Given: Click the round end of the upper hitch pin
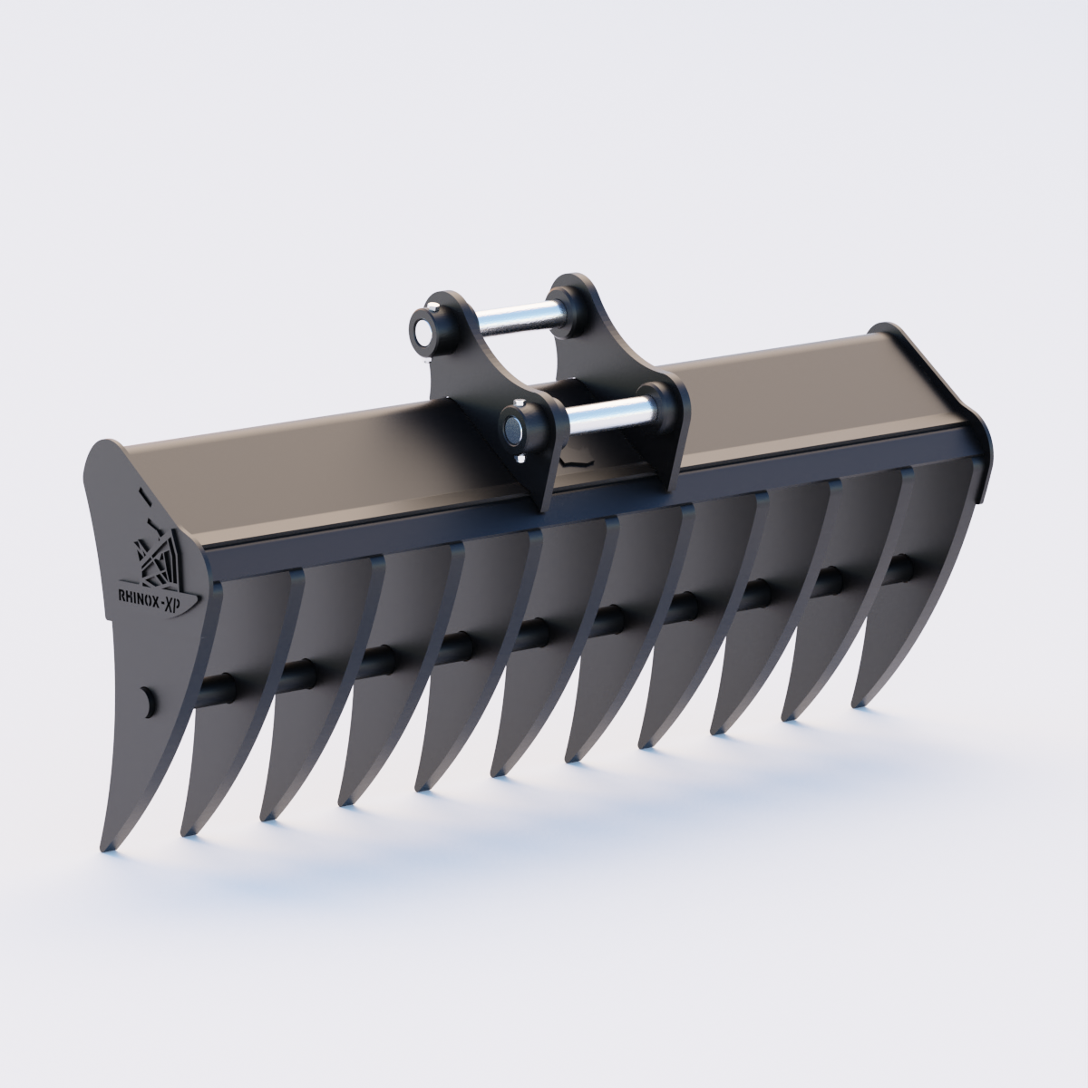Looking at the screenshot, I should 422,326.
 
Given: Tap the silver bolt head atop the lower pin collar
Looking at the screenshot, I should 518,405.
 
